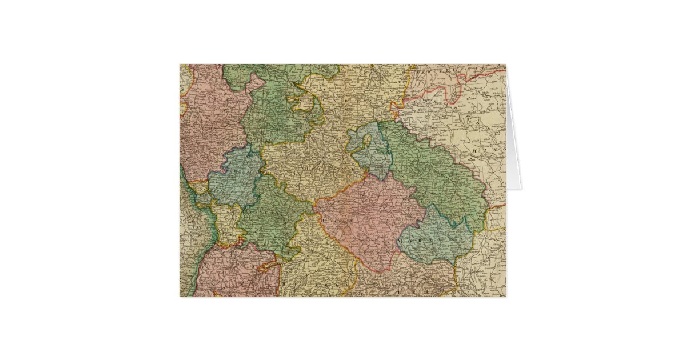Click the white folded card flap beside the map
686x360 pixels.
click(514, 143)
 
